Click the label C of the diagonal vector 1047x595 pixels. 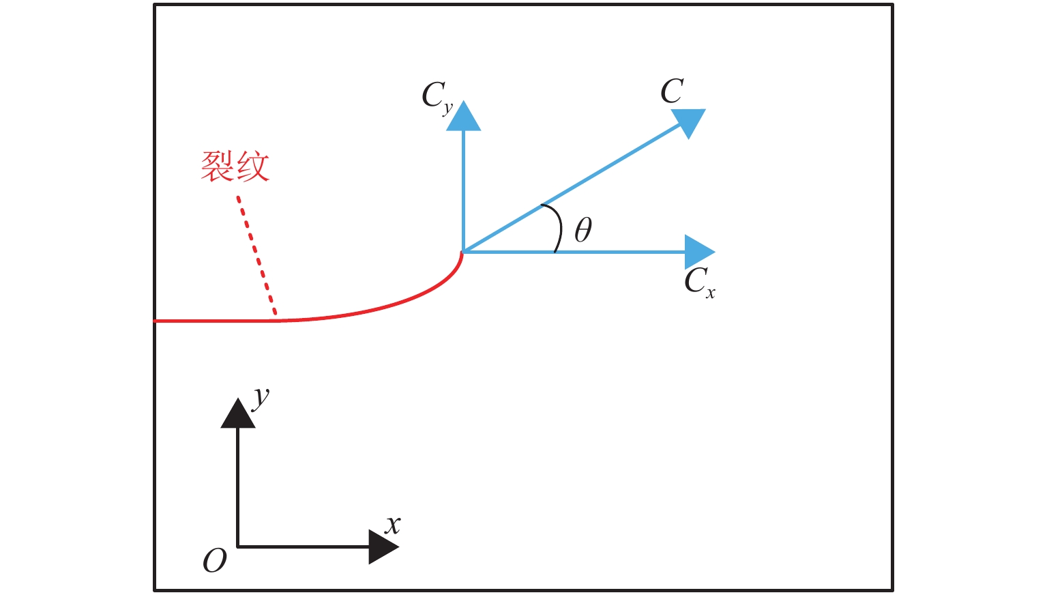pyautogui.click(x=672, y=91)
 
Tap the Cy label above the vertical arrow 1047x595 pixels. pyautogui.click(x=437, y=97)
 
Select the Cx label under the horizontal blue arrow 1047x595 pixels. pyautogui.click(x=699, y=282)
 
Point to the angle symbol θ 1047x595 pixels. pyautogui.click(x=583, y=230)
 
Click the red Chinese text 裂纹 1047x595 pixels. pyautogui.click(x=235, y=166)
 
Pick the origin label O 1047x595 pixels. pyautogui.click(x=214, y=561)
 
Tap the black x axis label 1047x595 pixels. pyautogui.click(x=392, y=525)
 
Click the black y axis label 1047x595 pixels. pyautogui.click(x=261, y=396)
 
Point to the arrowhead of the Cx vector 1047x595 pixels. pyautogui.click(x=698, y=252)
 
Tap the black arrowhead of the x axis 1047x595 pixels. pyautogui.click(x=382, y=547)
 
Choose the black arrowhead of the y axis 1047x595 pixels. pyautogui.click(x=237, y=414)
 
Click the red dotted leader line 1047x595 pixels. pyautogui.click(x=257, y=258)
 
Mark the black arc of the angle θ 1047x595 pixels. pyautogui.click(x=559, y=227)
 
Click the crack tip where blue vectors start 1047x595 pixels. pyautogui.click(x=463, y=252)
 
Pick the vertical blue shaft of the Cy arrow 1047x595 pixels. pyautogui.click(x=464, y=191)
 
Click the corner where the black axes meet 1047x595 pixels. pyautogui.click(x=237, y=547)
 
